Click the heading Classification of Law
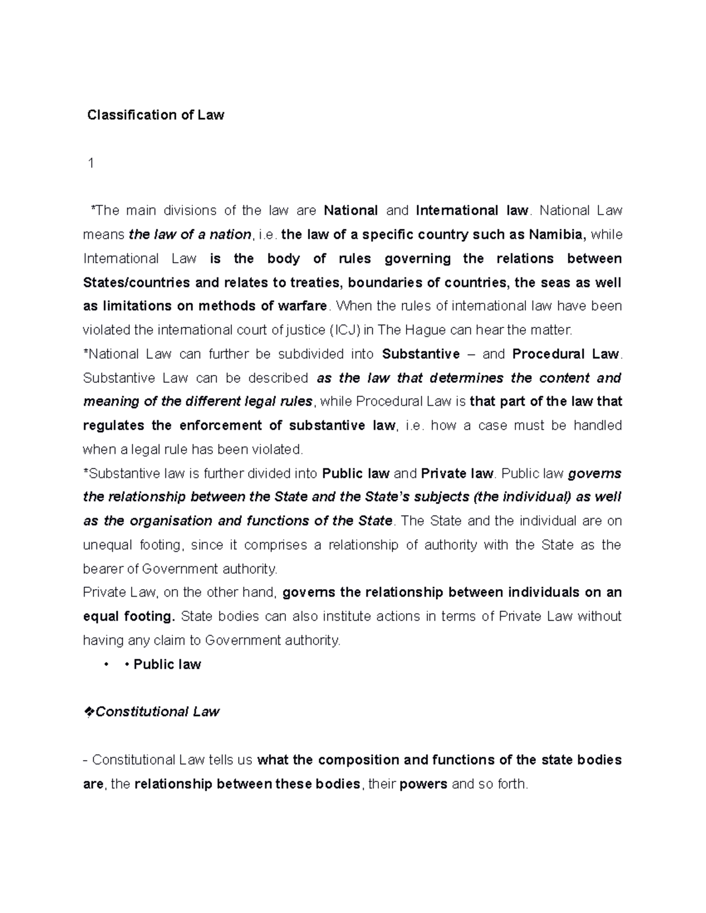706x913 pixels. (155, 115)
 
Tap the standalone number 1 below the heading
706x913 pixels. (91, 163)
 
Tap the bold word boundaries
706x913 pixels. (385, 282)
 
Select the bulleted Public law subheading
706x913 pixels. (167, 664)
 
